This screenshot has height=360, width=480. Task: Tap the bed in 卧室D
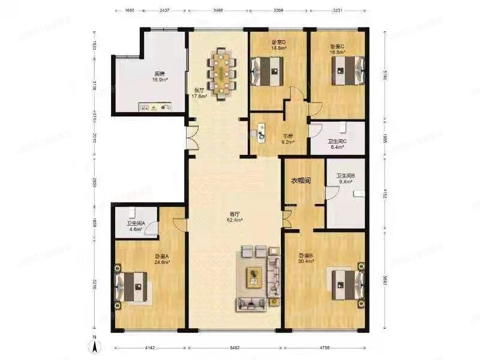[266, 71]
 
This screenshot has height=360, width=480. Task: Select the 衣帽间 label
[301, 181]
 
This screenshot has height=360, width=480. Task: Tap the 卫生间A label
[134, 226]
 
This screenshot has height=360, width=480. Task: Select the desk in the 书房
[262, 133]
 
